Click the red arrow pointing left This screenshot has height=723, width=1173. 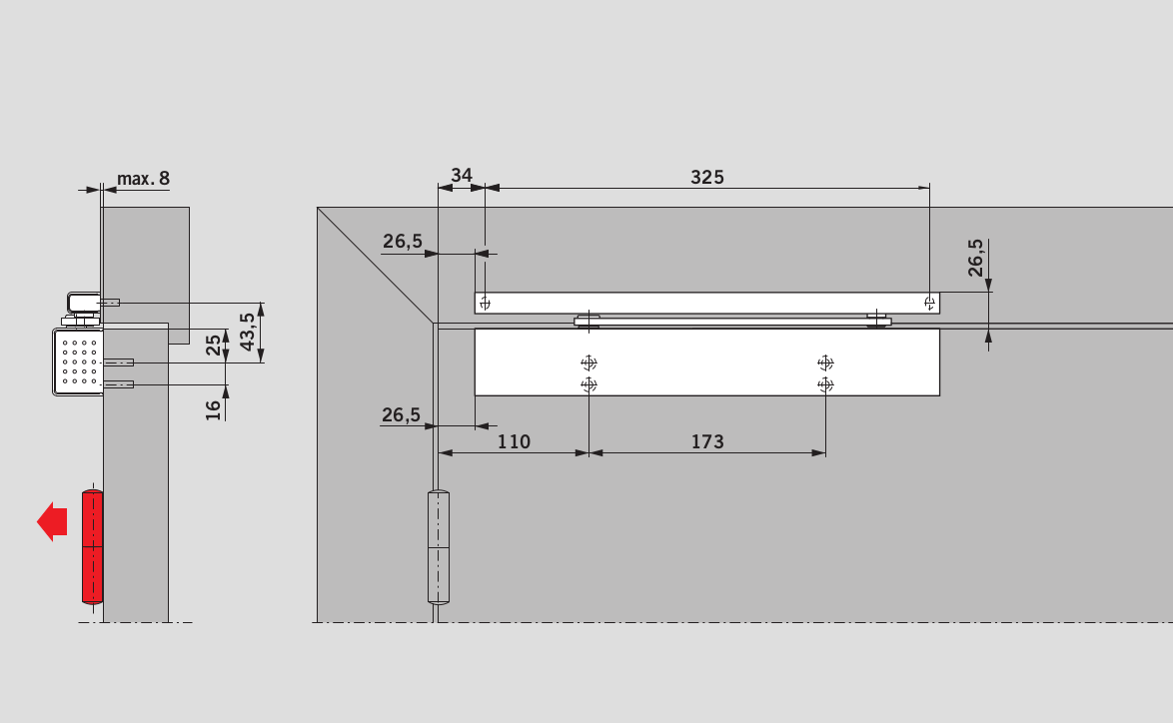pyautogui.click(x=52, y=521)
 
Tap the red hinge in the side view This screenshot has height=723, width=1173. pyautogui.click(x=92, y=546)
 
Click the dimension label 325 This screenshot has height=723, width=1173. pyautogui.click(x=707, y=177)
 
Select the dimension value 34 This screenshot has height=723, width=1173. pyautogui.click(x=462, y=175)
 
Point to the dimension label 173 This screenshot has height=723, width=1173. pyautogui.click(x=707, y=441)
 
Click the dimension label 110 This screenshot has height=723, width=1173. pyautogui.click(x=514, y=441)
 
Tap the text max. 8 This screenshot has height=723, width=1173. pyautogui.click(x=144, y=179)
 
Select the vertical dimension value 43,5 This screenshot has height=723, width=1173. pyautogui.click(x=248, y=332)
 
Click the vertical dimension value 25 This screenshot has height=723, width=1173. pyautogui.click(x=214, y=345)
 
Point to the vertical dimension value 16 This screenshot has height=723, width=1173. pyautogui.click(x=214, y=409)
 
